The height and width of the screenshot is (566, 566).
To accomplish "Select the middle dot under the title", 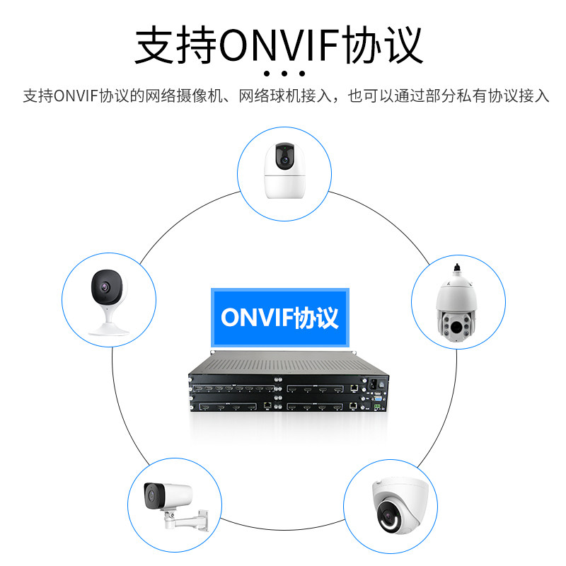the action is click(283, 74).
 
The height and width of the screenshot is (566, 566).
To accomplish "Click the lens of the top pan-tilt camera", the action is click(285, 160).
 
